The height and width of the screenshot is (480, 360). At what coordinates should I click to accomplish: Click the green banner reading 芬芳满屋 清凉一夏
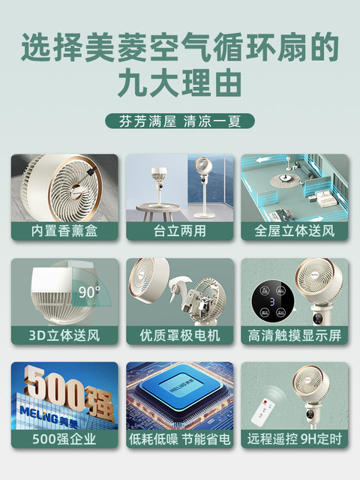point(180,121)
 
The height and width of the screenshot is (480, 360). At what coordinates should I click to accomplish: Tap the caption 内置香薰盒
point(64,231)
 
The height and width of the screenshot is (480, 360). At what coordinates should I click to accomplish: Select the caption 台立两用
point(180,231)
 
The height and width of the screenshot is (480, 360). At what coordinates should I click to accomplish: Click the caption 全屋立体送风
point(295,231)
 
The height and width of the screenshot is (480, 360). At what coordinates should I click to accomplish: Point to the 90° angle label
point(89,292)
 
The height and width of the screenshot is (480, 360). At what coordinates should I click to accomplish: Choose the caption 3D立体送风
point(64,335)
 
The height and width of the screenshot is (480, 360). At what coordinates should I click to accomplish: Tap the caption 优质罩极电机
point(180,335)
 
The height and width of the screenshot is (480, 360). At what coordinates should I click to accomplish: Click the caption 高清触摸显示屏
point(295,335)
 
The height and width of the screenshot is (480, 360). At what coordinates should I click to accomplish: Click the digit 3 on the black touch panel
point(272,301)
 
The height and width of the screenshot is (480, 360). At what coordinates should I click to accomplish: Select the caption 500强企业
point(64,439)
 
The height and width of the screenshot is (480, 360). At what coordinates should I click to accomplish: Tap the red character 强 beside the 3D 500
point(99,403)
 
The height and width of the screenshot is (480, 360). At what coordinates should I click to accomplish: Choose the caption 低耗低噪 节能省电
point(180,439)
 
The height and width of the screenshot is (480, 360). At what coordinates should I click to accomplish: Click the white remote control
point(263,412)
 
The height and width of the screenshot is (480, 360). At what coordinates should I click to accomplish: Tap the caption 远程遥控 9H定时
point(295,439)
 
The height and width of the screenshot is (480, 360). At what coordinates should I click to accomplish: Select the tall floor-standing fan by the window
point(203,187)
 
